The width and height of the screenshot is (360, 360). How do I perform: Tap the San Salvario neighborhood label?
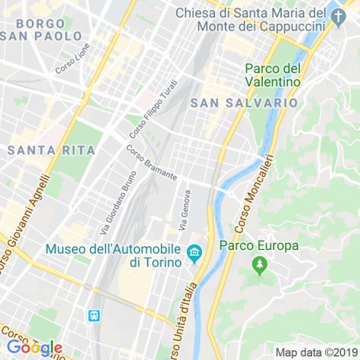point(244,102)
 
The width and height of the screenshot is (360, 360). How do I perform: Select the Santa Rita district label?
point(52,150)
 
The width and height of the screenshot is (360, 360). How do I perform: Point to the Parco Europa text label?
point(259,245)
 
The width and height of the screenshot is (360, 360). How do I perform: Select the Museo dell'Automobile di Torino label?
point(114,255)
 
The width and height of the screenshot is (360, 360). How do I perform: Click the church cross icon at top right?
point(339,14)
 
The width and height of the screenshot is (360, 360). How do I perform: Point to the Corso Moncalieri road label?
point(254,194)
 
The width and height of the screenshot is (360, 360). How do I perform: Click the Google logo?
point(34,347)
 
